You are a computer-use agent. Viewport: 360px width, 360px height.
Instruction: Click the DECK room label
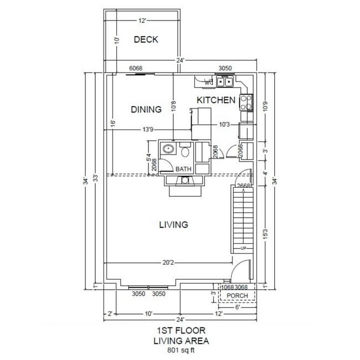(146, 39)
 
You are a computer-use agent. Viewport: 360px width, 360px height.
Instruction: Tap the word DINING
(146, 109)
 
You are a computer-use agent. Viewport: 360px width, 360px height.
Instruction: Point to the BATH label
(183, 169)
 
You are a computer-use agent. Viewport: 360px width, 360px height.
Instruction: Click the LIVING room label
(173, 224)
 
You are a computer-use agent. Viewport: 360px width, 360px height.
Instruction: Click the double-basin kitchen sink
(224, 82)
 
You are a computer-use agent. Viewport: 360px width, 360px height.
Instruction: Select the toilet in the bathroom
(186, 151)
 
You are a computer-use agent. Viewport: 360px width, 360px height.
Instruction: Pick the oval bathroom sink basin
(168, 148)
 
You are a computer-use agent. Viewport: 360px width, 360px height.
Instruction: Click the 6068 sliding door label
(136, 69)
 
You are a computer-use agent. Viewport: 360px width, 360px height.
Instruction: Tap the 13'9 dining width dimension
(147, 130)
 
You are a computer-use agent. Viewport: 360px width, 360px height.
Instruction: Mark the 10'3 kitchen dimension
(224, 125)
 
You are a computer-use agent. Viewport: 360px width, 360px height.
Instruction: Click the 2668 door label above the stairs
(243, 186)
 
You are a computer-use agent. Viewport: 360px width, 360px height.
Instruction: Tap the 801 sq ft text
(181, 350)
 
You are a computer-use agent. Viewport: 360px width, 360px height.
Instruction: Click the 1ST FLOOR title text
(181, 330)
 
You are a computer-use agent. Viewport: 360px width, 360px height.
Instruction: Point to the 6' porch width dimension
(236, 307)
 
